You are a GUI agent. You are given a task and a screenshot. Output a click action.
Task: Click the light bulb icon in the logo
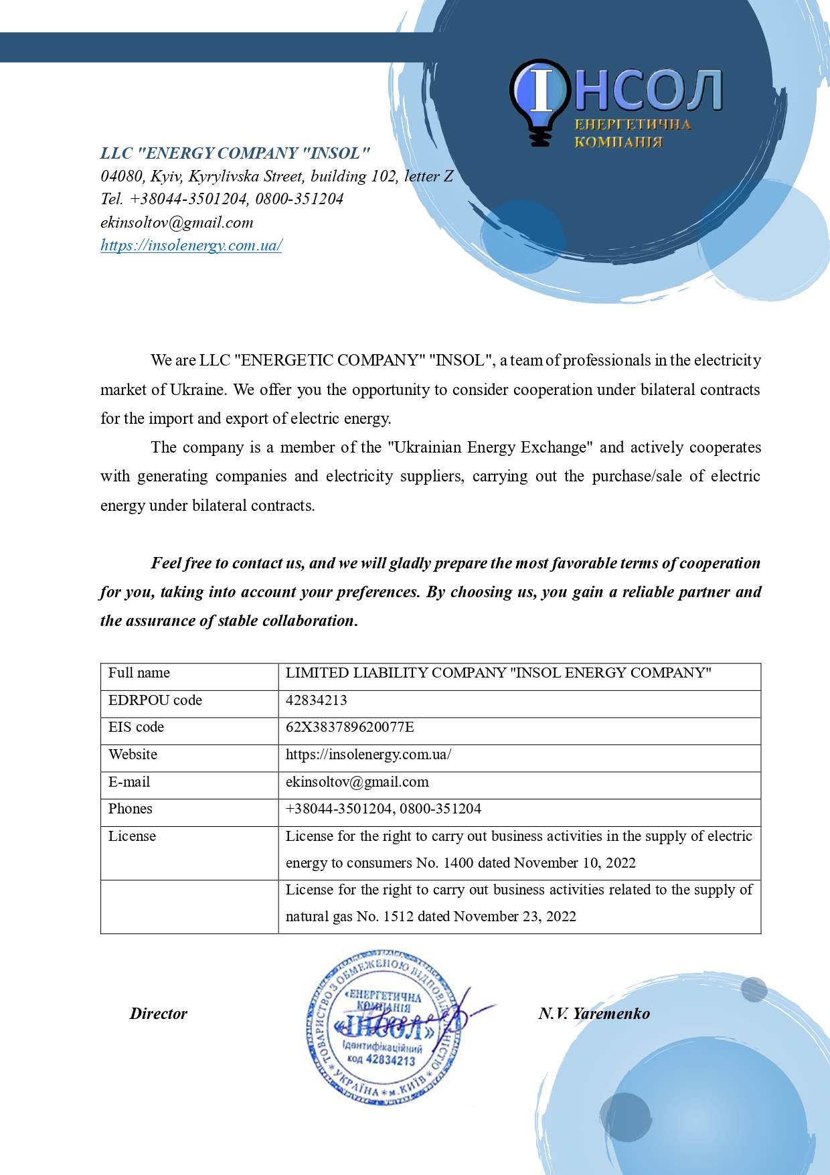541,100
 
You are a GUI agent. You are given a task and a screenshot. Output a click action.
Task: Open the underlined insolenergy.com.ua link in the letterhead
191,245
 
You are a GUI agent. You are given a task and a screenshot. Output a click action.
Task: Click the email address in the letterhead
177,222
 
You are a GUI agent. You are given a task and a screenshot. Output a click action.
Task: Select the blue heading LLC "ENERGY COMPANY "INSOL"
235,153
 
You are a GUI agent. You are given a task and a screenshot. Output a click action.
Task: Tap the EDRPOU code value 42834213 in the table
316,700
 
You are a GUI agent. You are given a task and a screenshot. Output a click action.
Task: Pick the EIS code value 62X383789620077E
349,727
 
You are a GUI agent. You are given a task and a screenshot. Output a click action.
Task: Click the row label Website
133,755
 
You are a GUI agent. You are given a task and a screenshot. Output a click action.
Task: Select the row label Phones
130,809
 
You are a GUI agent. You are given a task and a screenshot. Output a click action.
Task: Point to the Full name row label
139,673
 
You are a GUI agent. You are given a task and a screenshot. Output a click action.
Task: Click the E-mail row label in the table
129,782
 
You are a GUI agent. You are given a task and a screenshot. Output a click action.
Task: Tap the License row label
132,836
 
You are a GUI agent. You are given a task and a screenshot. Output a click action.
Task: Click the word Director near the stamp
159,1014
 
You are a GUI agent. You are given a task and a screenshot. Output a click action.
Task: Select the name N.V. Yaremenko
594,1014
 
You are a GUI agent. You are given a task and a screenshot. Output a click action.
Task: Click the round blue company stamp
384,1026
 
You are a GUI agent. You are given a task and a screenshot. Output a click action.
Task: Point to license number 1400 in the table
459,863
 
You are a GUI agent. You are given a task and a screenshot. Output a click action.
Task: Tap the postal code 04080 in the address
121,176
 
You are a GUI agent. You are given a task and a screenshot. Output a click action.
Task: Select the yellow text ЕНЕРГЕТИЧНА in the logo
633,125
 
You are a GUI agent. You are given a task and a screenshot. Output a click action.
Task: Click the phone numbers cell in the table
383,809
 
